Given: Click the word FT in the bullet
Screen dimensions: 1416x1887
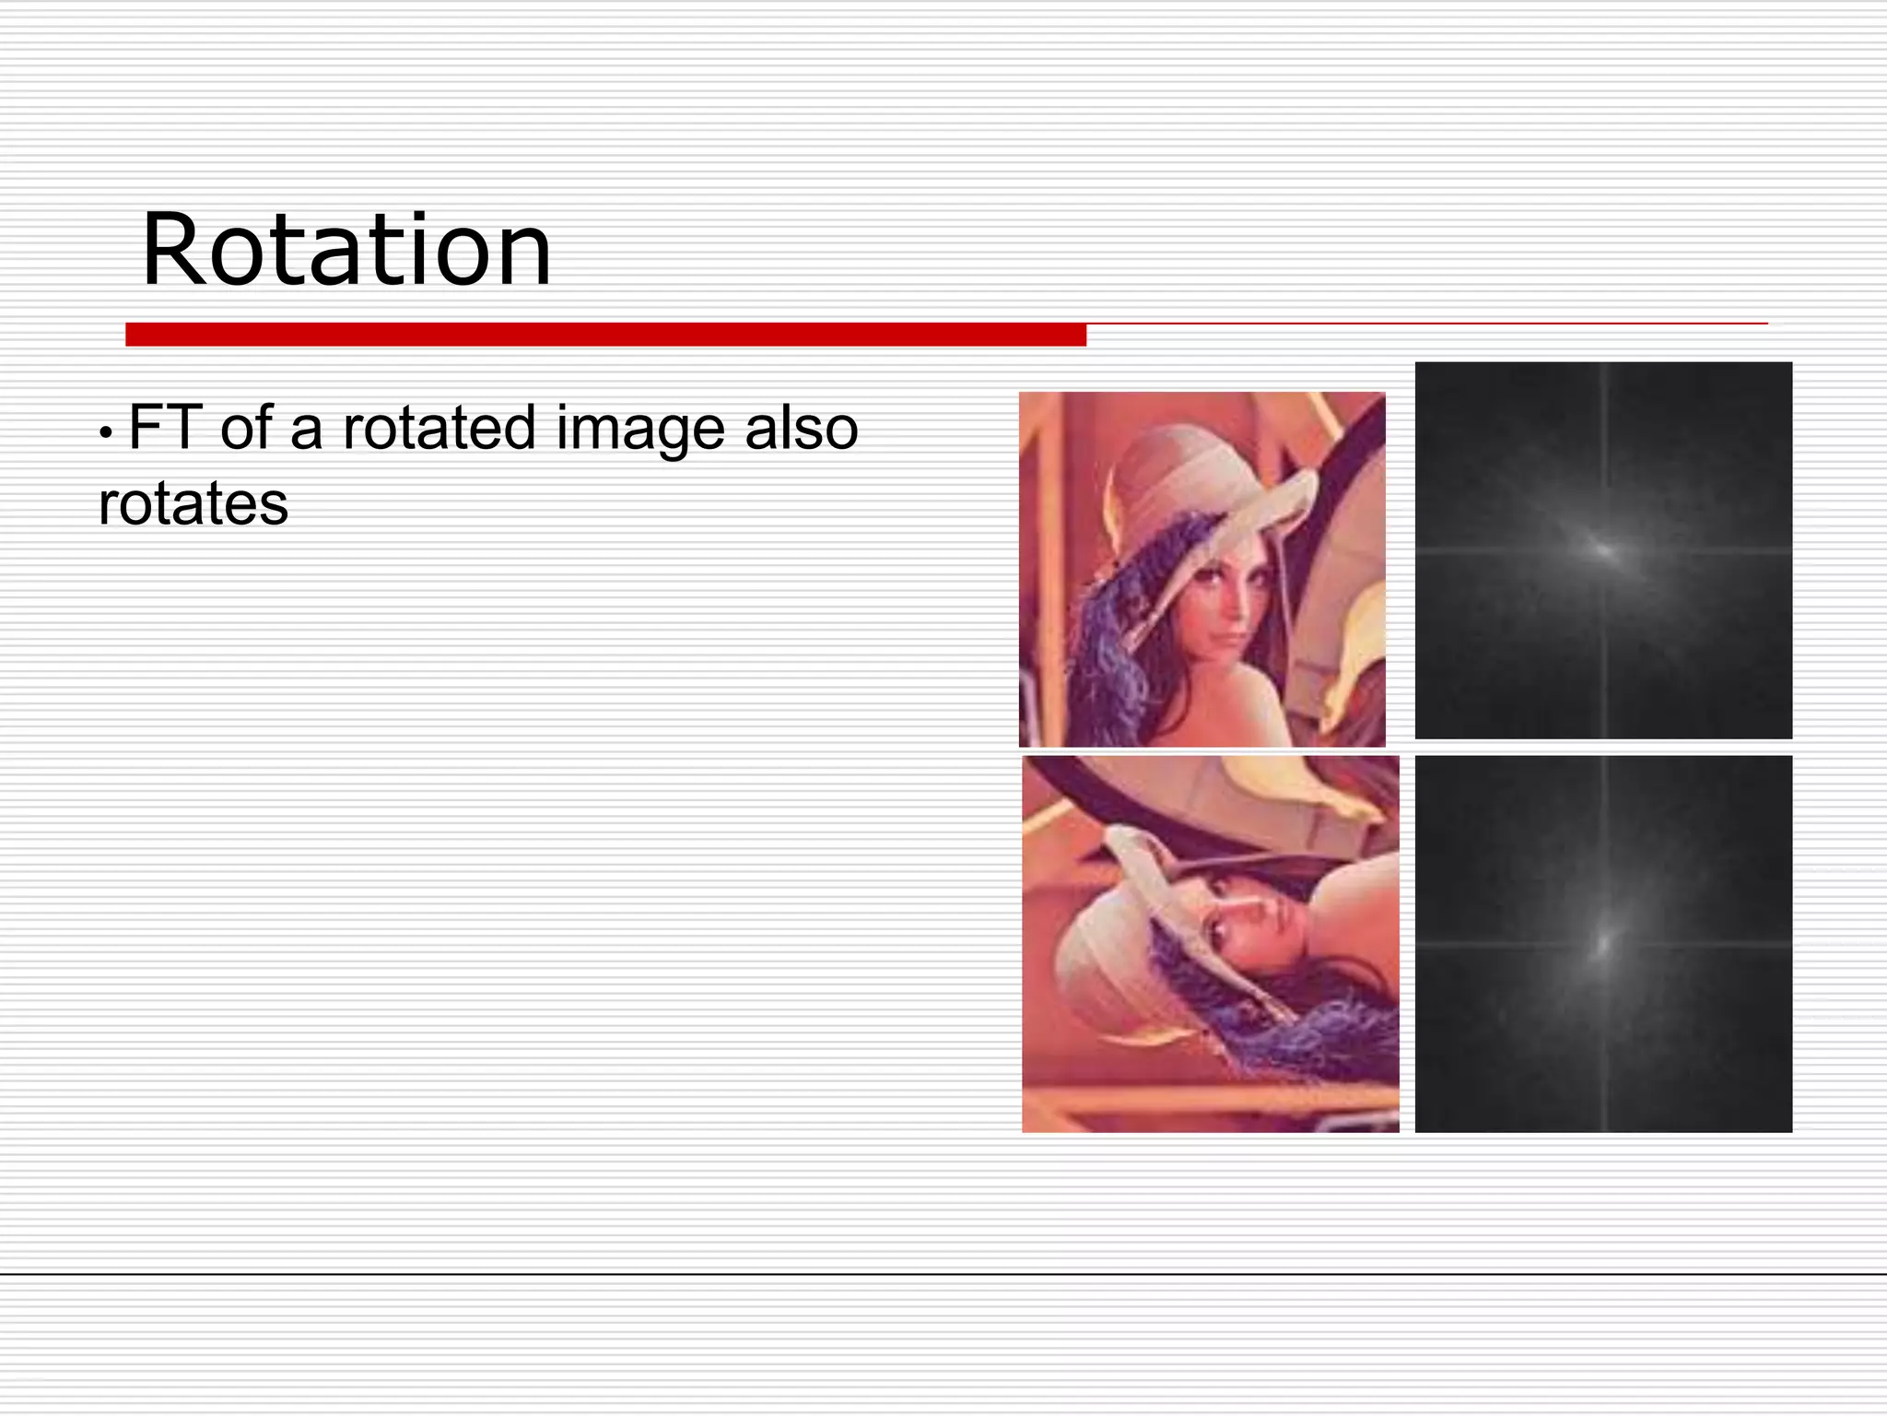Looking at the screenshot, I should pos(165,428).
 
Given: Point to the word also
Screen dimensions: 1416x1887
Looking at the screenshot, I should pos(801,428).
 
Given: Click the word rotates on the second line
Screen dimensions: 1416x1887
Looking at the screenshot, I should pos(193,504).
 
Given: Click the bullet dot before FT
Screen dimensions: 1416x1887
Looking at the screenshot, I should pos(107,431).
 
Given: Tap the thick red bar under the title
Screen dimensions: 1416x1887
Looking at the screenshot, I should pos(605,335).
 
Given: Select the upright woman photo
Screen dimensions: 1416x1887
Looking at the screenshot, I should pos(1201,569).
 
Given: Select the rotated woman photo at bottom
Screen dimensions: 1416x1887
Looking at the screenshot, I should pos(1210,943).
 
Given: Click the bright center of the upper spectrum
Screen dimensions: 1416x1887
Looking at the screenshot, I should pos(1604,550).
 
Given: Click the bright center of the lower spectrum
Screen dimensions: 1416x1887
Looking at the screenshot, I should pos(1603,944).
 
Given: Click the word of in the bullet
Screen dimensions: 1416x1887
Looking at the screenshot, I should pos(246,428).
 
